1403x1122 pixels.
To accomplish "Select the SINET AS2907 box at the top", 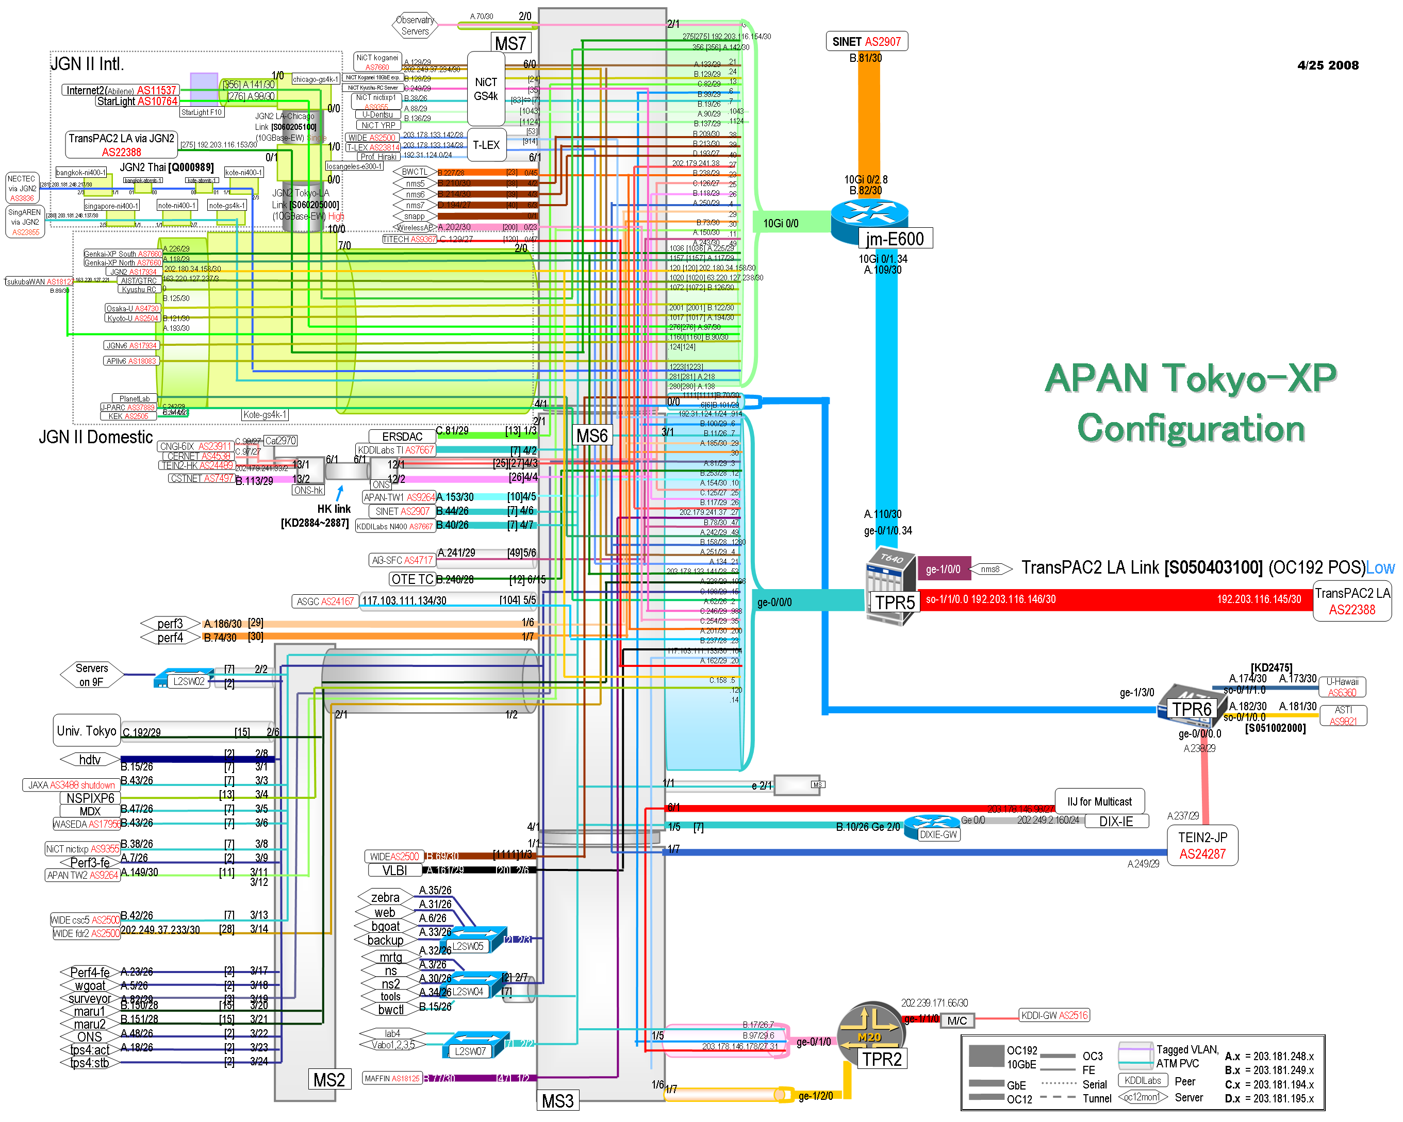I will tap(866, 42).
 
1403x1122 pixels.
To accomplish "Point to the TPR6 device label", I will tap(1192, 709).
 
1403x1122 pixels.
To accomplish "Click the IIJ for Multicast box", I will tap(1099, 801).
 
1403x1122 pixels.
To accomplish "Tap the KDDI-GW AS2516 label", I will tap(1054, 1015).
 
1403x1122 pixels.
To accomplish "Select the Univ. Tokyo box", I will tap(87, 730).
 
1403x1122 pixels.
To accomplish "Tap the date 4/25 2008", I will tap(1328, 65).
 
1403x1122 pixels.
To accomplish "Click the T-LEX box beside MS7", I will tap(486, 145).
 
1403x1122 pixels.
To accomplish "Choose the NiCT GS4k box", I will tap(486, 89).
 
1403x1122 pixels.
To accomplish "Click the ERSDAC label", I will tap(402, 437).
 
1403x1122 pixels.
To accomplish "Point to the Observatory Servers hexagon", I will tap(415, 25).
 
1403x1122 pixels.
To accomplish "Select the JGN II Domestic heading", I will tap(96, 437).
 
